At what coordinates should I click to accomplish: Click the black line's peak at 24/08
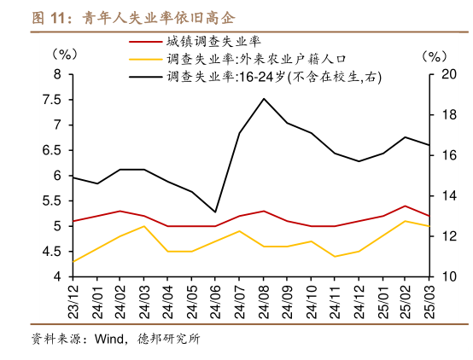264,99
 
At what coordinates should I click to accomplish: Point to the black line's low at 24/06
215,212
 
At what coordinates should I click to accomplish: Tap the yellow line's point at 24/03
144,226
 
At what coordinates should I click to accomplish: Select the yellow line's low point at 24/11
335,256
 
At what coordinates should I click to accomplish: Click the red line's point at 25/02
406,206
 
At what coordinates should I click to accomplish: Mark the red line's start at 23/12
73,221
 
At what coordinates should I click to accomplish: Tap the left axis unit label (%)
63,54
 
